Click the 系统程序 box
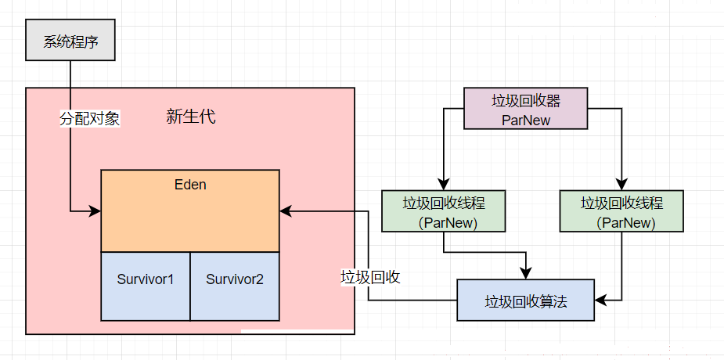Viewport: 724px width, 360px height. point(70,40)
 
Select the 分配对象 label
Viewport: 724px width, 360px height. point(89,119)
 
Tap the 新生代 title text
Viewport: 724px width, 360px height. point(191,117)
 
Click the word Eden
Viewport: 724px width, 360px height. point(190,185)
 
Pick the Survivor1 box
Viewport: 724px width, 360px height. point(146,286)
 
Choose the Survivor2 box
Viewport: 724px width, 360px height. point(235,286)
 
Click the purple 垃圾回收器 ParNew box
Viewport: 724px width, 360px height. point(526,109)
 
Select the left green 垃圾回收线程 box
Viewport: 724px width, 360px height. point(444,211)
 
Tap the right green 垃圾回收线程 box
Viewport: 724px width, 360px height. point(621,211)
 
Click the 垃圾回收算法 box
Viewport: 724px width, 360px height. point(526,300)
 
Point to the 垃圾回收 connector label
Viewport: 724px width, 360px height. point(370,277)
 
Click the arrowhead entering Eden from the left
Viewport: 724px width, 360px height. point(95,211)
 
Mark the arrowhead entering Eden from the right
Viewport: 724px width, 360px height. point(285,211)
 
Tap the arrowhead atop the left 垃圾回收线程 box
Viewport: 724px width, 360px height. point(444,185)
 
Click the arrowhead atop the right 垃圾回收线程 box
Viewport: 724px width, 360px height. point(621,185)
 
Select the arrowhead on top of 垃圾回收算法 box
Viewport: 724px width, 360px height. point(526,274)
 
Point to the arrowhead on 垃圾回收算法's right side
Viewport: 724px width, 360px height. point(600,300)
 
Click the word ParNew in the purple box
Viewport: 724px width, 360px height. point(526,121)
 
